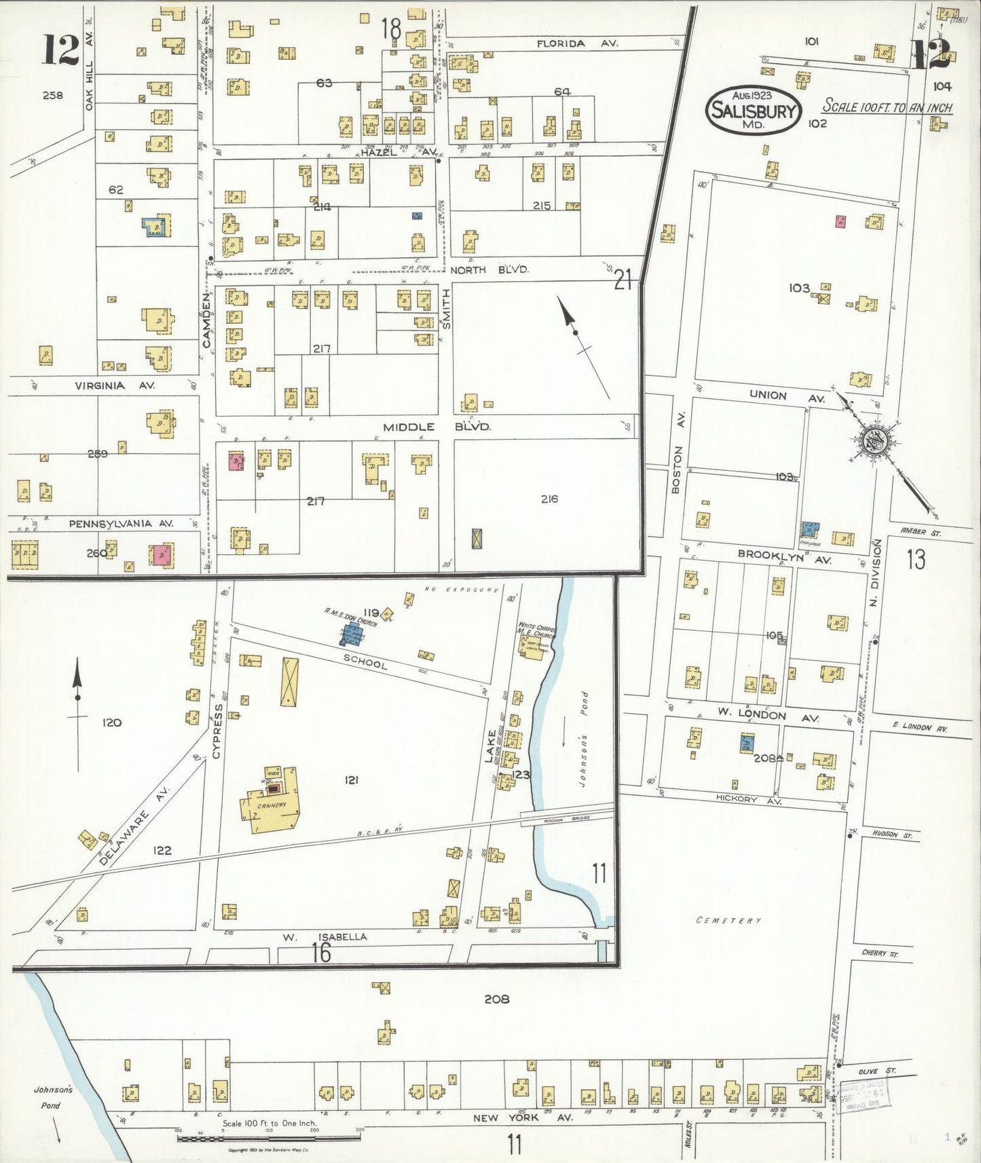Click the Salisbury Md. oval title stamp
click(754, 110)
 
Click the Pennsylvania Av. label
click(121, 524)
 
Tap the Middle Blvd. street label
click(437, 427)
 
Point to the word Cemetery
click(729, 920)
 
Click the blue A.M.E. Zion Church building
click(352, 635)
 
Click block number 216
click(549, 499)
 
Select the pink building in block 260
click(162, 554)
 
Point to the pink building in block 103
click(840, 221)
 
